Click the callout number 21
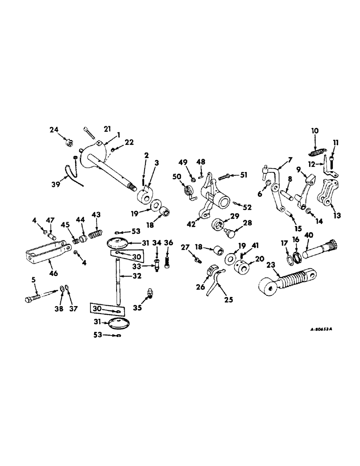[107, 129]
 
